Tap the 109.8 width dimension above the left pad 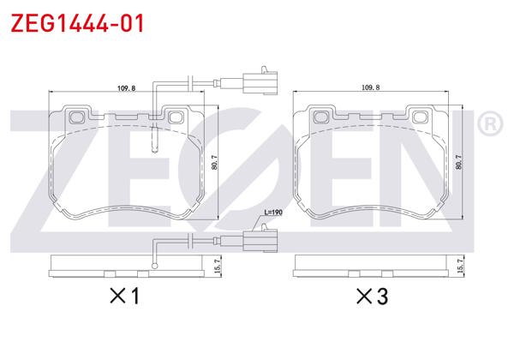[127, 87]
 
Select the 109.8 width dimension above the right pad [370, 87]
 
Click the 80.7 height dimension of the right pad [459, 162]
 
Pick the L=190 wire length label [272, 212]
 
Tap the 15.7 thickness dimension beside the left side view [218, 267]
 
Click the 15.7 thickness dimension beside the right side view [463, 267]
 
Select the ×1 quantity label [125, 297]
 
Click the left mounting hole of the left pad [78, 117]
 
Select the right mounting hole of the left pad [176, 117]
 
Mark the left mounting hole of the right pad [322, 117]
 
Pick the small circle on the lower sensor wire [155, 267]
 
